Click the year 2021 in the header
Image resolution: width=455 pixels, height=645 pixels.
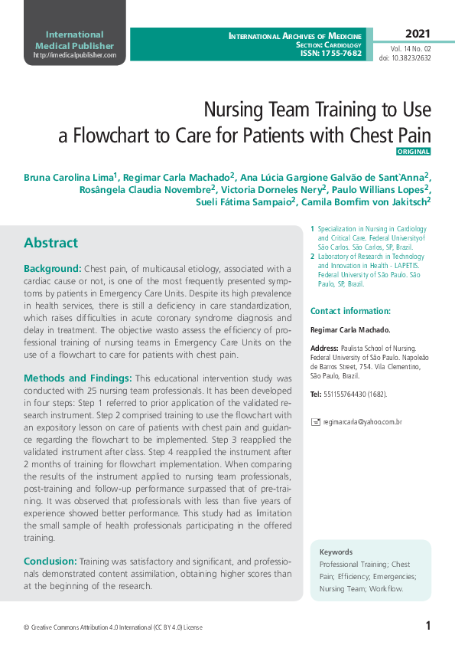(x=418, y=34)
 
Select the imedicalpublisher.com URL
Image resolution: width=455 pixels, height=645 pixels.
(x=74, y=55)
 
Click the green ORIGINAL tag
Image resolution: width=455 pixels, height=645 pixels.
(x=414, y=152)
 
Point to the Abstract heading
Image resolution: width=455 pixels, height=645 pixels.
(x=50, y=243)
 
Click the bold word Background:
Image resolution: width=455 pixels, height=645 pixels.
(x=52, y=269)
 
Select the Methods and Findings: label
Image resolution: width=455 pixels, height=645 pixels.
(x=77, y=378)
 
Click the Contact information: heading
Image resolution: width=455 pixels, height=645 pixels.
(x=350, y=311)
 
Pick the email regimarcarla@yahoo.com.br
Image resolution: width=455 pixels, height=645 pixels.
(x=362, y=422)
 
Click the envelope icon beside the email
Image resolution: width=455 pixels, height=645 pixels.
(x=316, y=422)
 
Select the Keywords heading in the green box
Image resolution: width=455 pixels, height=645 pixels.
(x=336, y=552)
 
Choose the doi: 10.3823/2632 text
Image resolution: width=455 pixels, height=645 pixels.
(x=405, y=58)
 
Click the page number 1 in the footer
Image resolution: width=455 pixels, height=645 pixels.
(x=428, y=626)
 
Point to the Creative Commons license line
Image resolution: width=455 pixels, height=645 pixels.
(x=113, y=627)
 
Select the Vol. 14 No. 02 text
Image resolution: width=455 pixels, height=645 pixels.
(x=410, y=48)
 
